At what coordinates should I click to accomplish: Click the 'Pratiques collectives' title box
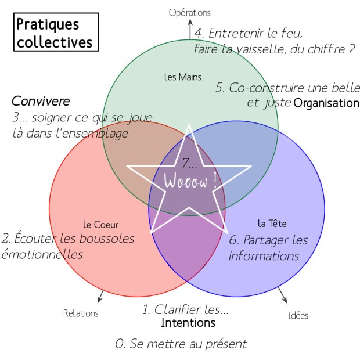click(55, 33)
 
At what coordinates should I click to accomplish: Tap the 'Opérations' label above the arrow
click(190, 12)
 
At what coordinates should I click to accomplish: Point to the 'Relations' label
click(81, 313)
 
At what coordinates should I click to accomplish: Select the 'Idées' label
click(298, 316)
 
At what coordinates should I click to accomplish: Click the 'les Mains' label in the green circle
click(179, 76)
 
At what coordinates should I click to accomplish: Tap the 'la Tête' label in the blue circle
click(272, 223)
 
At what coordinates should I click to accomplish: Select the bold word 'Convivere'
click(37, 100)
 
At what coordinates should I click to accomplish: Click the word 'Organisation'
click(326, 103)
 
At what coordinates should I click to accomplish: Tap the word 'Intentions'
click(188, 323)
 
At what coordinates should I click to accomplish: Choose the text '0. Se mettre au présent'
click(181, 344)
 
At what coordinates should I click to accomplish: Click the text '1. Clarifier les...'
click(185, 309)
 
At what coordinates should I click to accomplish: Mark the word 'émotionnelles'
click(42, 254)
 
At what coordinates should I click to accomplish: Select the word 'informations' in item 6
click(264, 255)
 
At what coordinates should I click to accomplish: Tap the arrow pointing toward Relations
click(100, 298)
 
